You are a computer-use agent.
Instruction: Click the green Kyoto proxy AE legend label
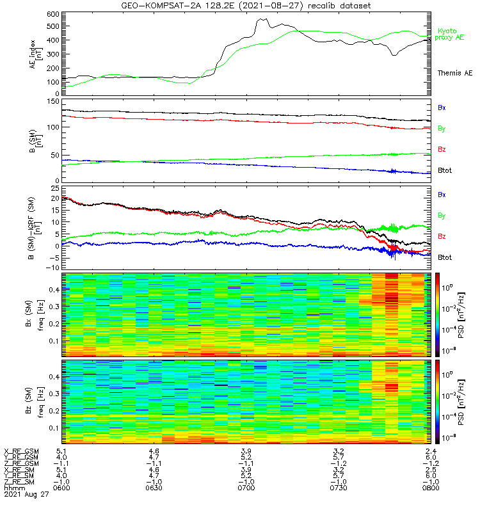pos(451,34)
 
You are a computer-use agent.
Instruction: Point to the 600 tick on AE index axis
pos(53,13)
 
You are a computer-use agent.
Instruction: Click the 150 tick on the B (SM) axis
pos(53,101)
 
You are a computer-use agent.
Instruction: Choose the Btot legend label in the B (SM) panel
pos(445,170)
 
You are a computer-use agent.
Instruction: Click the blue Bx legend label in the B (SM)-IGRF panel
pos(442,194)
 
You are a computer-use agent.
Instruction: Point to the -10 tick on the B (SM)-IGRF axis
pos(52,267)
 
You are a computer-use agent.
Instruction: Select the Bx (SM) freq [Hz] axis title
pos(35,314)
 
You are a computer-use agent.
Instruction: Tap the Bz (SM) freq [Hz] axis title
pos(35,401)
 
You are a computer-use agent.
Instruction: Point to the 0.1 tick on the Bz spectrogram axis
pos(54,428)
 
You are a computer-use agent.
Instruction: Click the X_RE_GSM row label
pos(21,451)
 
